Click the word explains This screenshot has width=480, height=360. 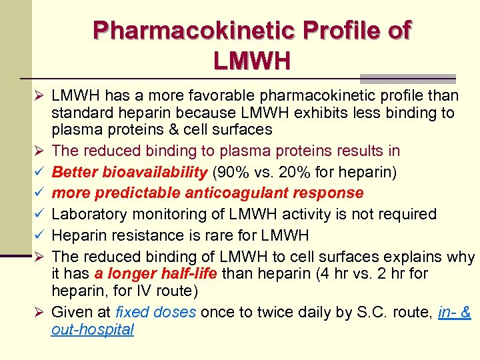(x=410, y=256)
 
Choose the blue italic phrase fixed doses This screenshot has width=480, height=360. (x=156, y=311)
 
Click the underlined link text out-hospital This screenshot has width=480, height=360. (x=92, y=329)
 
